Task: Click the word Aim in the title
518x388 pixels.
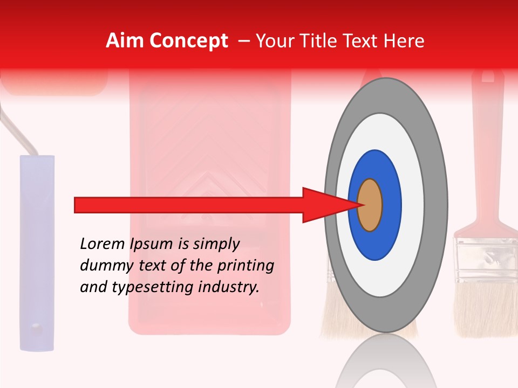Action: pos(125,41)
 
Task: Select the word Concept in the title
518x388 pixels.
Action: pos(188,41)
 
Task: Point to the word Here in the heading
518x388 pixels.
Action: pos(404,41)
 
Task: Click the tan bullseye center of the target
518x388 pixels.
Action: pos(370,205)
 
